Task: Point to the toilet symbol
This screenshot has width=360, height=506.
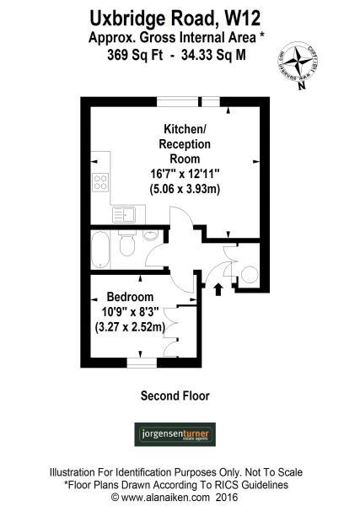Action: pyautogui.click(x=127, y=245)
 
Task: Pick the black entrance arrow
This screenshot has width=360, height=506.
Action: pyautogui.click(x=220, y=289)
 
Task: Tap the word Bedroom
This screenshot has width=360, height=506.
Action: pyautogui.click(x=130, y=297)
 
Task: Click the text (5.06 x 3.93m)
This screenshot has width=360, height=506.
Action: pyautogui.click(x=185, y=189)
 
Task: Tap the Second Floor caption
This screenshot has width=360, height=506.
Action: pyautogui.click(x=175, y=395)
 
